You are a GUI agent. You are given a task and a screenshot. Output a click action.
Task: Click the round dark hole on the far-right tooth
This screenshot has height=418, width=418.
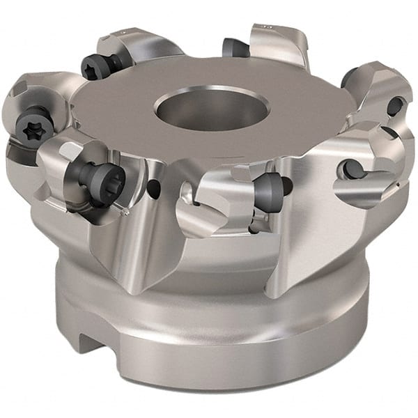pos(394,106)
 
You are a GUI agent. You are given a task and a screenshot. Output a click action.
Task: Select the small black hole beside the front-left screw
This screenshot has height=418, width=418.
pos(152,185)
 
